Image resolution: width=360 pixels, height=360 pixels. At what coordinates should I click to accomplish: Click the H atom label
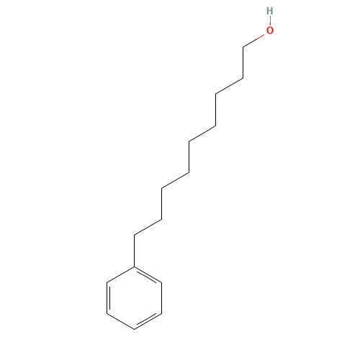point(269,11)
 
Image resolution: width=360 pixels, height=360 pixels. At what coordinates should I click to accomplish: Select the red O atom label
point(270,30)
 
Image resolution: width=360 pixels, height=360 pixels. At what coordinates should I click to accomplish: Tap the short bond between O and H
point(269,21)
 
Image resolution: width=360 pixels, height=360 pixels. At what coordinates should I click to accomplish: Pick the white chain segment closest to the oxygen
point(229,86)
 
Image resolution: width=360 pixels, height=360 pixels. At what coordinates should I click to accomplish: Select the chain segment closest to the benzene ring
point(148,227)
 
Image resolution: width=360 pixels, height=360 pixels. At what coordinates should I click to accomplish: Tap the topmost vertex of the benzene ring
point(135,267)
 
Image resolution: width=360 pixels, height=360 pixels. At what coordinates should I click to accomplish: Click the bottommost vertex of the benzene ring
point(135,329)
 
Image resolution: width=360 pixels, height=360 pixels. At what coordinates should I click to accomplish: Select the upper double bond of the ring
point(148,275)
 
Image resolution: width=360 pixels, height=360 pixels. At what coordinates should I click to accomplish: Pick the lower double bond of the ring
point(148,321)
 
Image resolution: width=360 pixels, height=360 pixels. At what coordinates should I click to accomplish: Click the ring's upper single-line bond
point(121,275)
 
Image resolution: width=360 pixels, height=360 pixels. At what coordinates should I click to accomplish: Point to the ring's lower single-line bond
point(121,321)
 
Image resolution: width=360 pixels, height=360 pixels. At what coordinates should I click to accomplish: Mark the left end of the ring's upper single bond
point(108,282)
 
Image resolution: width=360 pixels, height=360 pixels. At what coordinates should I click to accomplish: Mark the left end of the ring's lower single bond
point(108,313)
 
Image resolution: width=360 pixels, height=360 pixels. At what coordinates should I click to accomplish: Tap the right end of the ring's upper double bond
point(161,283)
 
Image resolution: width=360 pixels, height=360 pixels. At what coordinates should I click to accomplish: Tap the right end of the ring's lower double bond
point(161,313)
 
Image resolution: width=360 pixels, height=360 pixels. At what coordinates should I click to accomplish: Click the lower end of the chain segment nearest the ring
point(135,235)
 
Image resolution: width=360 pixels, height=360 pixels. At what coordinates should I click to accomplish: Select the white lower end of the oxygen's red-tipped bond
point(244,47)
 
